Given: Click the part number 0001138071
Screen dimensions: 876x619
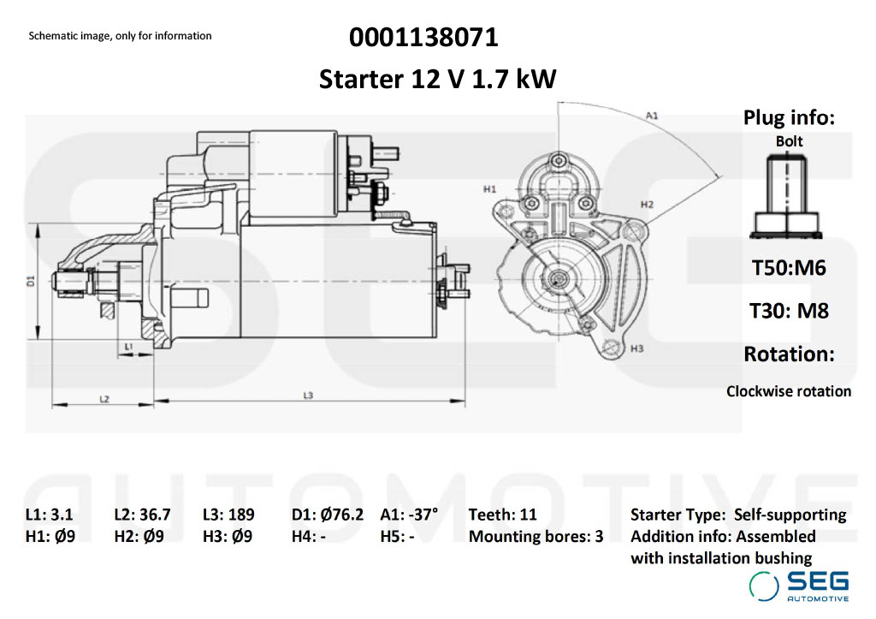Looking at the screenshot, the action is click(423, 38).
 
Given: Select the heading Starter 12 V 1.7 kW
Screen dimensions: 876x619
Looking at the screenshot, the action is click(437, 79).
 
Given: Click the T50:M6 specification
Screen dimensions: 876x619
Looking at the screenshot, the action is click(789, 268).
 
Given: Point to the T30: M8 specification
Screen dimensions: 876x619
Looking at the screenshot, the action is click(789, 311).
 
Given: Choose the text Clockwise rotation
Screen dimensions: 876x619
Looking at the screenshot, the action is click(789, 391).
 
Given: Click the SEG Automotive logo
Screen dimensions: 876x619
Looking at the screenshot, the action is click(799, 586).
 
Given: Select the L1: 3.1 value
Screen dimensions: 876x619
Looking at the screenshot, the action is click(49, 515).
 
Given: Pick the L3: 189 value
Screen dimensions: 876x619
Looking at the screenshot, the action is click(228, 515).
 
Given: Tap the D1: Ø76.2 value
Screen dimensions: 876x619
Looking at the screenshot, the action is click(328, 515).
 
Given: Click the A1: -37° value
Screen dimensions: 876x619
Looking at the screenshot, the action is click(409, 515).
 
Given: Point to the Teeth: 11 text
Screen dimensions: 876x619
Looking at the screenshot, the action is click(502, 515).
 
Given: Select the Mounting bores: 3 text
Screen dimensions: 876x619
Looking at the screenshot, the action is click(536, 537).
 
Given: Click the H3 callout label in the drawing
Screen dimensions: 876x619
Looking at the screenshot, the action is click(636, 349).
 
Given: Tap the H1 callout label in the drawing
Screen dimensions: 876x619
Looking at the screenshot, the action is click(489, 189).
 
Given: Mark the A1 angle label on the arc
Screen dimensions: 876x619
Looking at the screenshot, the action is click(652, 116).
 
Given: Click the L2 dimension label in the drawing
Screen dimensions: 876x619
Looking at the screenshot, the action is click(104, 399).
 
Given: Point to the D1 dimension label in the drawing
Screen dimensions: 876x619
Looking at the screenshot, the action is click(32, 281).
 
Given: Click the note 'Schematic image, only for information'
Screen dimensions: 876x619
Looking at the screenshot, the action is click(120, 36).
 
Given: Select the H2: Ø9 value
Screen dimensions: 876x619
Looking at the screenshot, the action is click(139, 537).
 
